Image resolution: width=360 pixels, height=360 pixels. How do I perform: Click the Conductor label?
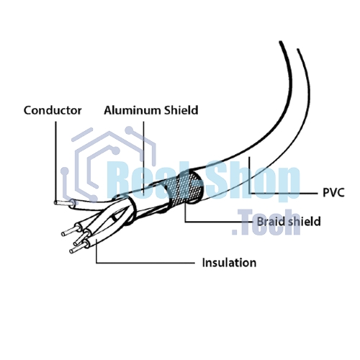(x=53, y=110)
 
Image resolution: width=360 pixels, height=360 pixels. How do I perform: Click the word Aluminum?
(x=132, y=110)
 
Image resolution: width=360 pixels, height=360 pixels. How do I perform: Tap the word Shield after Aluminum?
(x=181, y=110)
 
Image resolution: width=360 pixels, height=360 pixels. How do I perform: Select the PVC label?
(x=333, y=192)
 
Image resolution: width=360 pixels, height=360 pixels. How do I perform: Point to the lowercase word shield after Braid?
(x=305, y=221)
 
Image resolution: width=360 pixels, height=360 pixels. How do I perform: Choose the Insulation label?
(x=229, y=263)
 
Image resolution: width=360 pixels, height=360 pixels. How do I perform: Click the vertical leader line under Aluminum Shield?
(x=143, y=157)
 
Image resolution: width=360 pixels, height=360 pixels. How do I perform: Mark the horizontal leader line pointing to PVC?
(x=283, y=193)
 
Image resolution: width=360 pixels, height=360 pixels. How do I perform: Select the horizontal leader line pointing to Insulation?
(x=145, y=263)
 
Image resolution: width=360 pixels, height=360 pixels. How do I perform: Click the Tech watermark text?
(x=266, y=222)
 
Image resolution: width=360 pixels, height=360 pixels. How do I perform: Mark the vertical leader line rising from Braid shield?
(x=185, y=212)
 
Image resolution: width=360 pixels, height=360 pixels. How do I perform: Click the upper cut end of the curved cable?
(x=289, y=45)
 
